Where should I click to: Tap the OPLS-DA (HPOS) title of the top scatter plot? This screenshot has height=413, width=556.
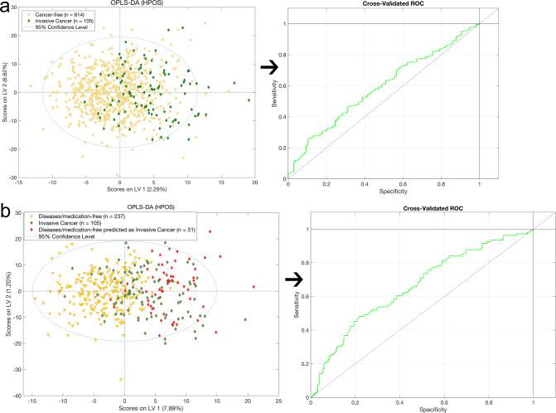[136, 5]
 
